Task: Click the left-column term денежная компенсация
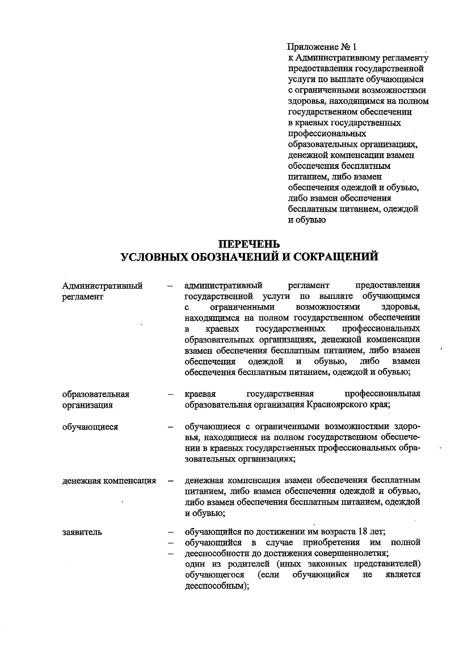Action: [x=109, y=481]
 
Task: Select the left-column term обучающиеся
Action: [x=90, y=427]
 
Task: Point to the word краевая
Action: [x=200, y=394]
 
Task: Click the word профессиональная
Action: [x=382, y=394]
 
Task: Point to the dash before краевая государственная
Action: [x=170, y=395]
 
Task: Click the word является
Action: [x=403, y=575]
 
